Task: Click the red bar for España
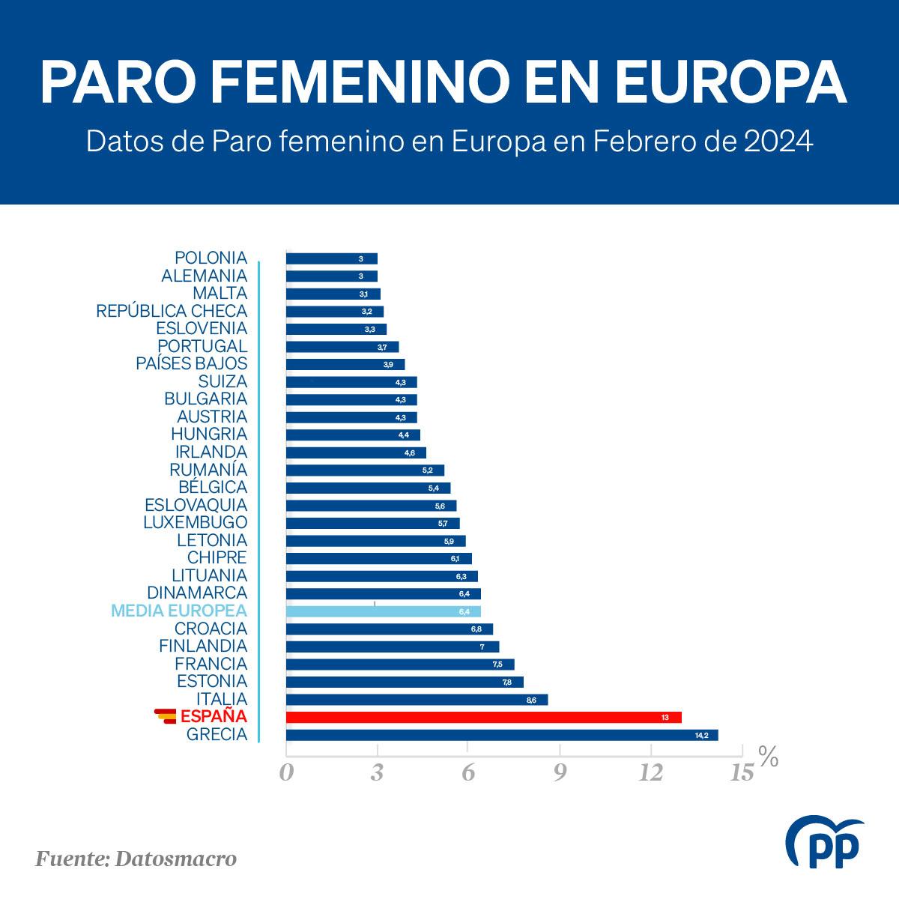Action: [x=483, y=717]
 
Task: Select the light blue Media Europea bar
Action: [x=383, y=611]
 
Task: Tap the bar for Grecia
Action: [x=501, y=735]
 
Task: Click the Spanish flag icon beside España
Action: [x=165, y=716]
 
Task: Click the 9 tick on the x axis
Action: [x=560, y=772]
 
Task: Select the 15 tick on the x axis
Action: [x=741, y=772]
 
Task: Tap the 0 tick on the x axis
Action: [x=286, y=772]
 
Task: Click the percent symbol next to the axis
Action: [x=768, y=757]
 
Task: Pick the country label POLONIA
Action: [x=211, y=258]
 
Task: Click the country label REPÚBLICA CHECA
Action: [x=172, y=311]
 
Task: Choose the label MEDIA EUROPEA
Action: [x=178, y=611]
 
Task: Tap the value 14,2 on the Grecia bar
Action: [x=701, y=735]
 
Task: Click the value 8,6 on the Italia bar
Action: [x=531, y=700]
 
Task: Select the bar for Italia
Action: [x=417, y=700]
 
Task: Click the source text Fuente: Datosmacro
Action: [x=136, y=858]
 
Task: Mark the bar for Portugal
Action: [x=342, y=347]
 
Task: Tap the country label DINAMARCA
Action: [x=197, y=593]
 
